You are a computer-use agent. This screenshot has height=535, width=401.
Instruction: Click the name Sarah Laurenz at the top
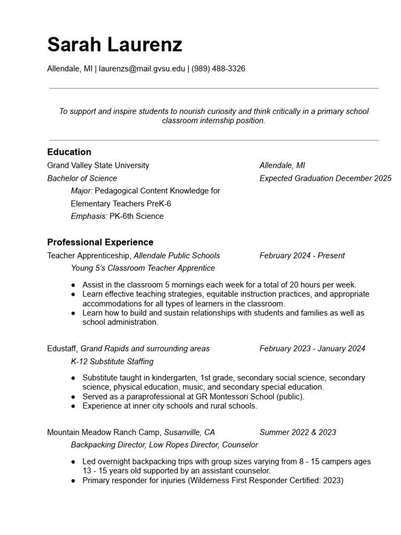click(114, 45)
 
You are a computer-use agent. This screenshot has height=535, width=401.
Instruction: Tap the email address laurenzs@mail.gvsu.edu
click(142, 68)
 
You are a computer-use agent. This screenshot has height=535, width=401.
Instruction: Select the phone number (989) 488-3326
click(218, 68)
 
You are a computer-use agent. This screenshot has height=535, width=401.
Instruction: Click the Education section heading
click(69, 152)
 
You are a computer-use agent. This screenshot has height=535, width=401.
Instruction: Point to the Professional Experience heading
click(100, 242)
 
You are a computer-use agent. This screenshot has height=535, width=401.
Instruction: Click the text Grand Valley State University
click(98, 166)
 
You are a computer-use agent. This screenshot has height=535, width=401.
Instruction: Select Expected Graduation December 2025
click(325, 179)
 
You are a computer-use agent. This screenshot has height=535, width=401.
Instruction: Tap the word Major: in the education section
click(81, 191)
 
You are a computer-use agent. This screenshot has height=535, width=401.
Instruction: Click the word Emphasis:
click(89, 216)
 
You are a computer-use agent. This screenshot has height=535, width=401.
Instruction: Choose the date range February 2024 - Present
click(302, 256)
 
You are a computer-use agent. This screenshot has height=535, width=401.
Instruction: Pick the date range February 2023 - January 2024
click(312, 348)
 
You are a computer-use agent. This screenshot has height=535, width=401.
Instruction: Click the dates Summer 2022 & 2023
click(298, 433)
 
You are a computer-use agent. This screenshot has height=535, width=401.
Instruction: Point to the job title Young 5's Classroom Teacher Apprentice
click(143, 269)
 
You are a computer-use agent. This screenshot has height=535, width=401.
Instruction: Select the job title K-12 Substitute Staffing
click(112, 362)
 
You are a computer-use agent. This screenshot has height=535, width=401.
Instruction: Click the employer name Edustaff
click(62, 348)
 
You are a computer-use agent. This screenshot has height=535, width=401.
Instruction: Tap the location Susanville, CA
click(190, 433)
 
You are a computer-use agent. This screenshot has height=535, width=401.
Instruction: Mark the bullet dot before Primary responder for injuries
click(74, 481)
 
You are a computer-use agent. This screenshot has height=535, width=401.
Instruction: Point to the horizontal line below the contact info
click(214, 88)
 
